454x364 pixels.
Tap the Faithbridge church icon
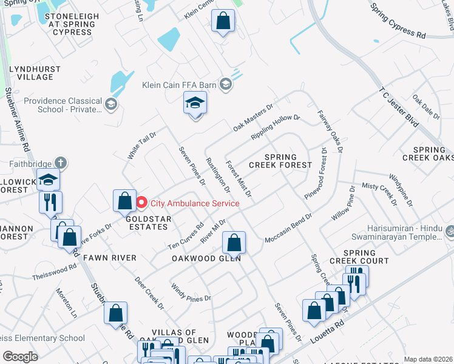(59, 163)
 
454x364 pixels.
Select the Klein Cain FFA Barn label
(181, 85)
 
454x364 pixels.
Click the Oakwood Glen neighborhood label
(206, 258)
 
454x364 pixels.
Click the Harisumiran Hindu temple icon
(450, 231)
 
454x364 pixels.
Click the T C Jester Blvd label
(399, 107)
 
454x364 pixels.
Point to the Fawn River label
(110, 258)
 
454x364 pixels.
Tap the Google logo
(21, 357)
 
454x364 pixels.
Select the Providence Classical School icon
(110, 105)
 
